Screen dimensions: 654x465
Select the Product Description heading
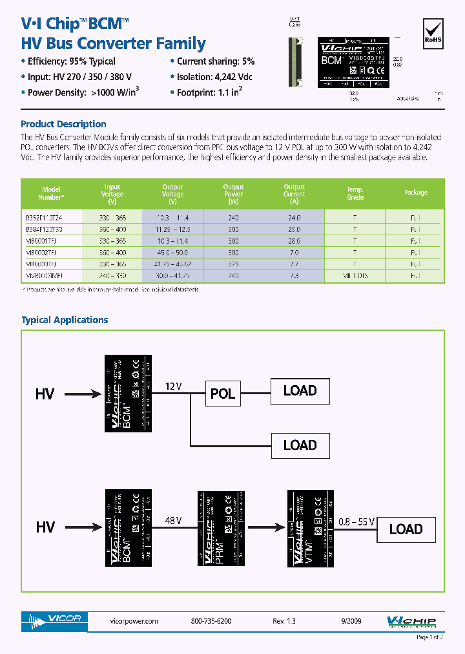point(63,124)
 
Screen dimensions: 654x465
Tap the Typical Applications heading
point(65,320)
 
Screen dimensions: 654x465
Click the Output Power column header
point(233,193)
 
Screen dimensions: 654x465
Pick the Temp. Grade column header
point(355,193)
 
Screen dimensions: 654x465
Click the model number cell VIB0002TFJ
point(41,252)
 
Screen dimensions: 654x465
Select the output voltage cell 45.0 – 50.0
point(172,252)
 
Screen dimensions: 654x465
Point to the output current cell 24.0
point(294,218)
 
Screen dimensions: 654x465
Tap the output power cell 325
point(233,264)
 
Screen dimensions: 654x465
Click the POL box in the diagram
point(222,394)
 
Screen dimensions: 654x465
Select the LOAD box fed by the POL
point(300,391)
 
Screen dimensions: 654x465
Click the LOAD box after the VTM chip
point(406,529)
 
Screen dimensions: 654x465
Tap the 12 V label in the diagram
point(174,386)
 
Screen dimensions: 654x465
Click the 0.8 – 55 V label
point(357,520)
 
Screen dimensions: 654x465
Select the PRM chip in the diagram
point(221,529)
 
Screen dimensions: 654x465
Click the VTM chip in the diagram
point(310,529)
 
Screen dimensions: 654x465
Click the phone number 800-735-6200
point(211,621)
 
